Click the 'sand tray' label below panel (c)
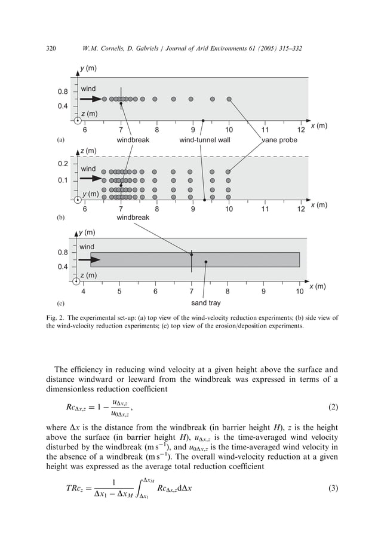[205, 303]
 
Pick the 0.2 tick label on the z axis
[62, 163]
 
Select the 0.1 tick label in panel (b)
[62, 180]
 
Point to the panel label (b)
[60, 219]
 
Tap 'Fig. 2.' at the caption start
[56, 318]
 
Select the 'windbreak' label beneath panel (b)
[133, 218]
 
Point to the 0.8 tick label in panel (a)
[62, 92]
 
